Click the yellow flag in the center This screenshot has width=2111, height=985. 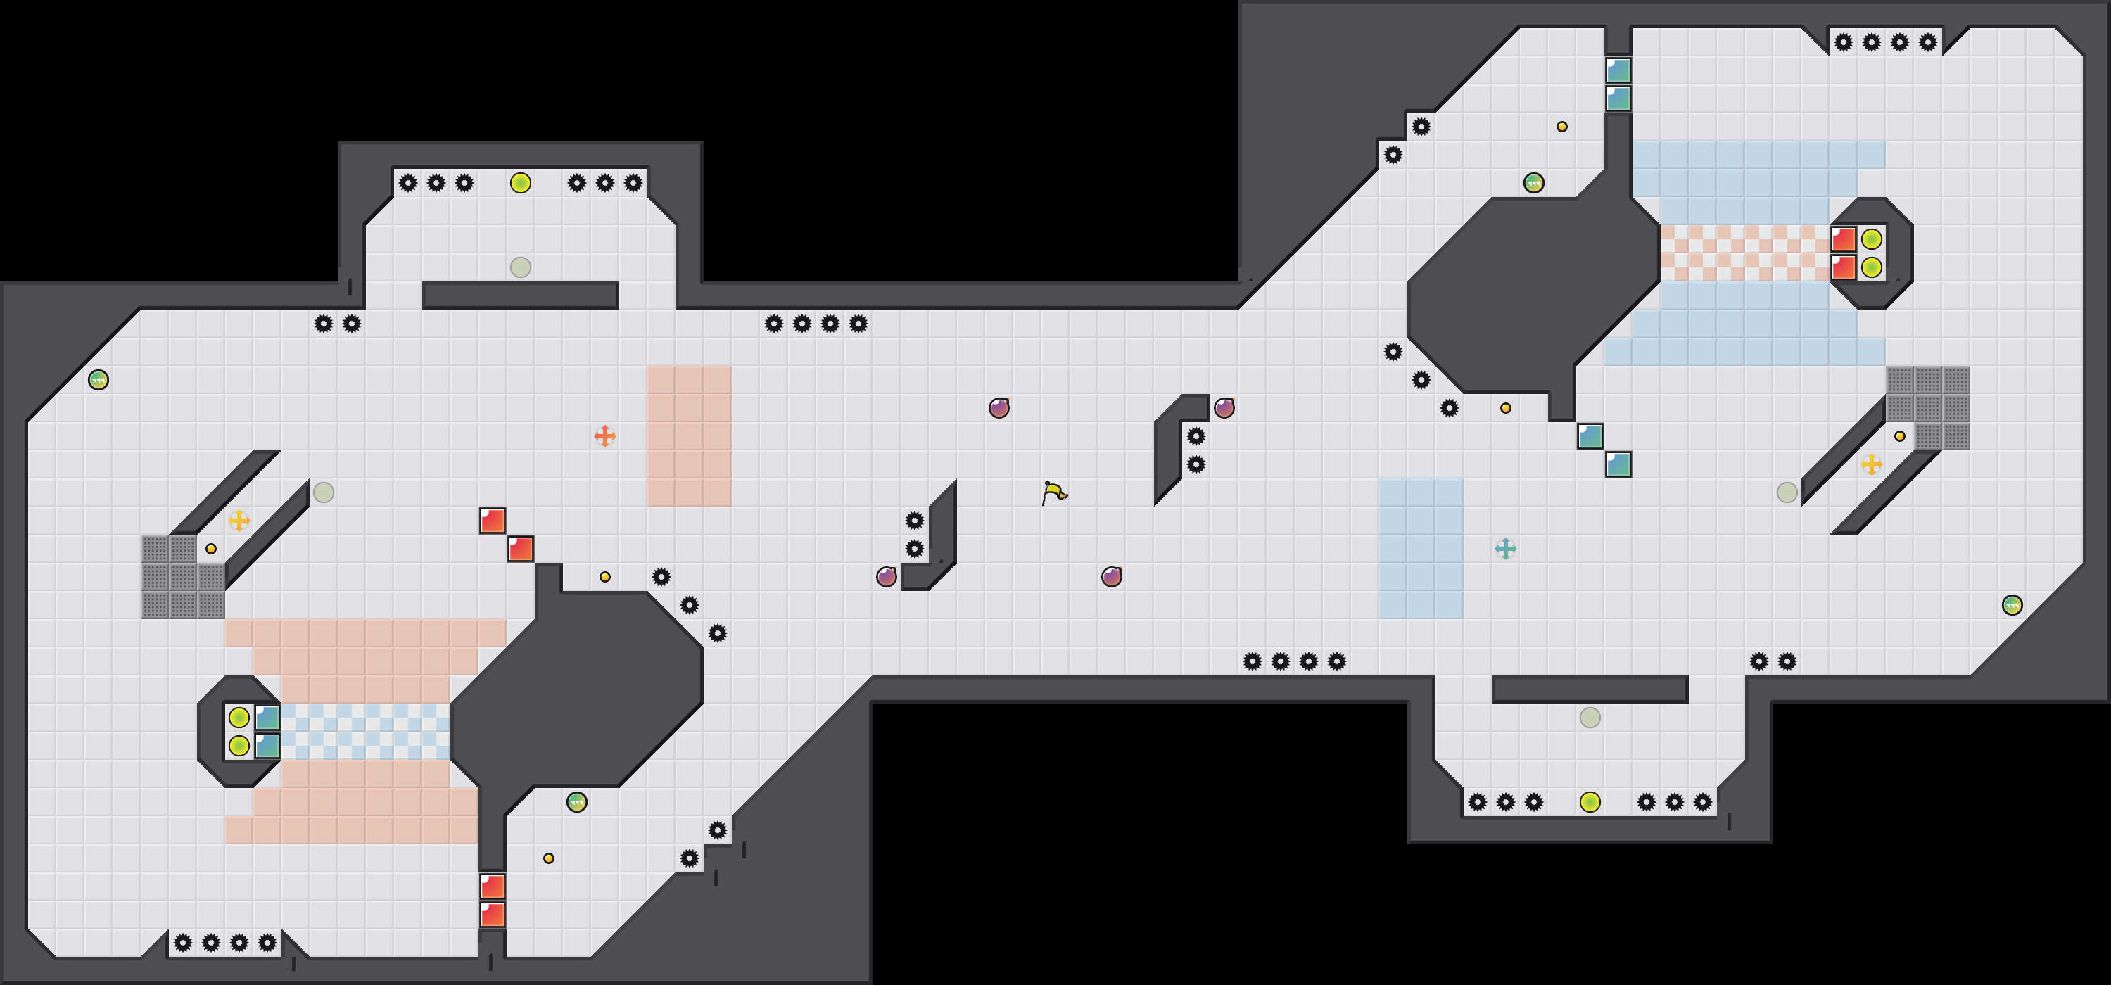pyautogui.click(x=1054, y=493)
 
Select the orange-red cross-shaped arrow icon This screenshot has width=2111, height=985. pyautogui.click(x=604, y=436)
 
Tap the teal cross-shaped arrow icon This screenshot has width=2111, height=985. pyautogui.click(x=1505, y=548)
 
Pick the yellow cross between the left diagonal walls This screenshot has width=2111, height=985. pyautogui.click(x=239, y=521)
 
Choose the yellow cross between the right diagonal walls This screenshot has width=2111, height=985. pyautogui.click(x=1872, y=464)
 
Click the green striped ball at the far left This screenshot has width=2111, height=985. pyautogui.click(x=99, y=379)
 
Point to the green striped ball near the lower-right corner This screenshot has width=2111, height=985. pyautogui.click(x=2012, y=605)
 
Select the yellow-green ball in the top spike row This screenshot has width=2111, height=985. pyautogui.click(x=521, y=183)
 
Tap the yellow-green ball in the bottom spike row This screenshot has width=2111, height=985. pyautogui.click(x=1590, y=802)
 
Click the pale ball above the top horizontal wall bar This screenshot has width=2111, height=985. pyautogui.click(x=521, y=267)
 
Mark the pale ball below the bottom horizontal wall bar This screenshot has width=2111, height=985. pyautogui.click(x=1590, y=718)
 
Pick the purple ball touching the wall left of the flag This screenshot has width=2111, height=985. pyautogui.click(x=887, y=577)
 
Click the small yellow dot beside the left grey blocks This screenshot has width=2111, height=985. pyautogui.click(x=210, y=549)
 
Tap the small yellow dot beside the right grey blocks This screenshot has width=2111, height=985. pyautogui.click(x=1900, y=437)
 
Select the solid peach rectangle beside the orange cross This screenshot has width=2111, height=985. pyautogui.click(x=688, y=436)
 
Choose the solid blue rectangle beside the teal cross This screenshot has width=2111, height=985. pyautogui.click(x=1421, y=548)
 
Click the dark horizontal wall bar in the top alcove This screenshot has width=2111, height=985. pyautogui.click(x=521, y=295)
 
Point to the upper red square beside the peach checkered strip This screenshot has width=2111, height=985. pyautogui.click(x=1843, y=239)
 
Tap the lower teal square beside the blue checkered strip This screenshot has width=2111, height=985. pyautogui.click(x=267, y=746)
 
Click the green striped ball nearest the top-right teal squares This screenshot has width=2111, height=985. pyautogui.click(x=1533, y=183)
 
